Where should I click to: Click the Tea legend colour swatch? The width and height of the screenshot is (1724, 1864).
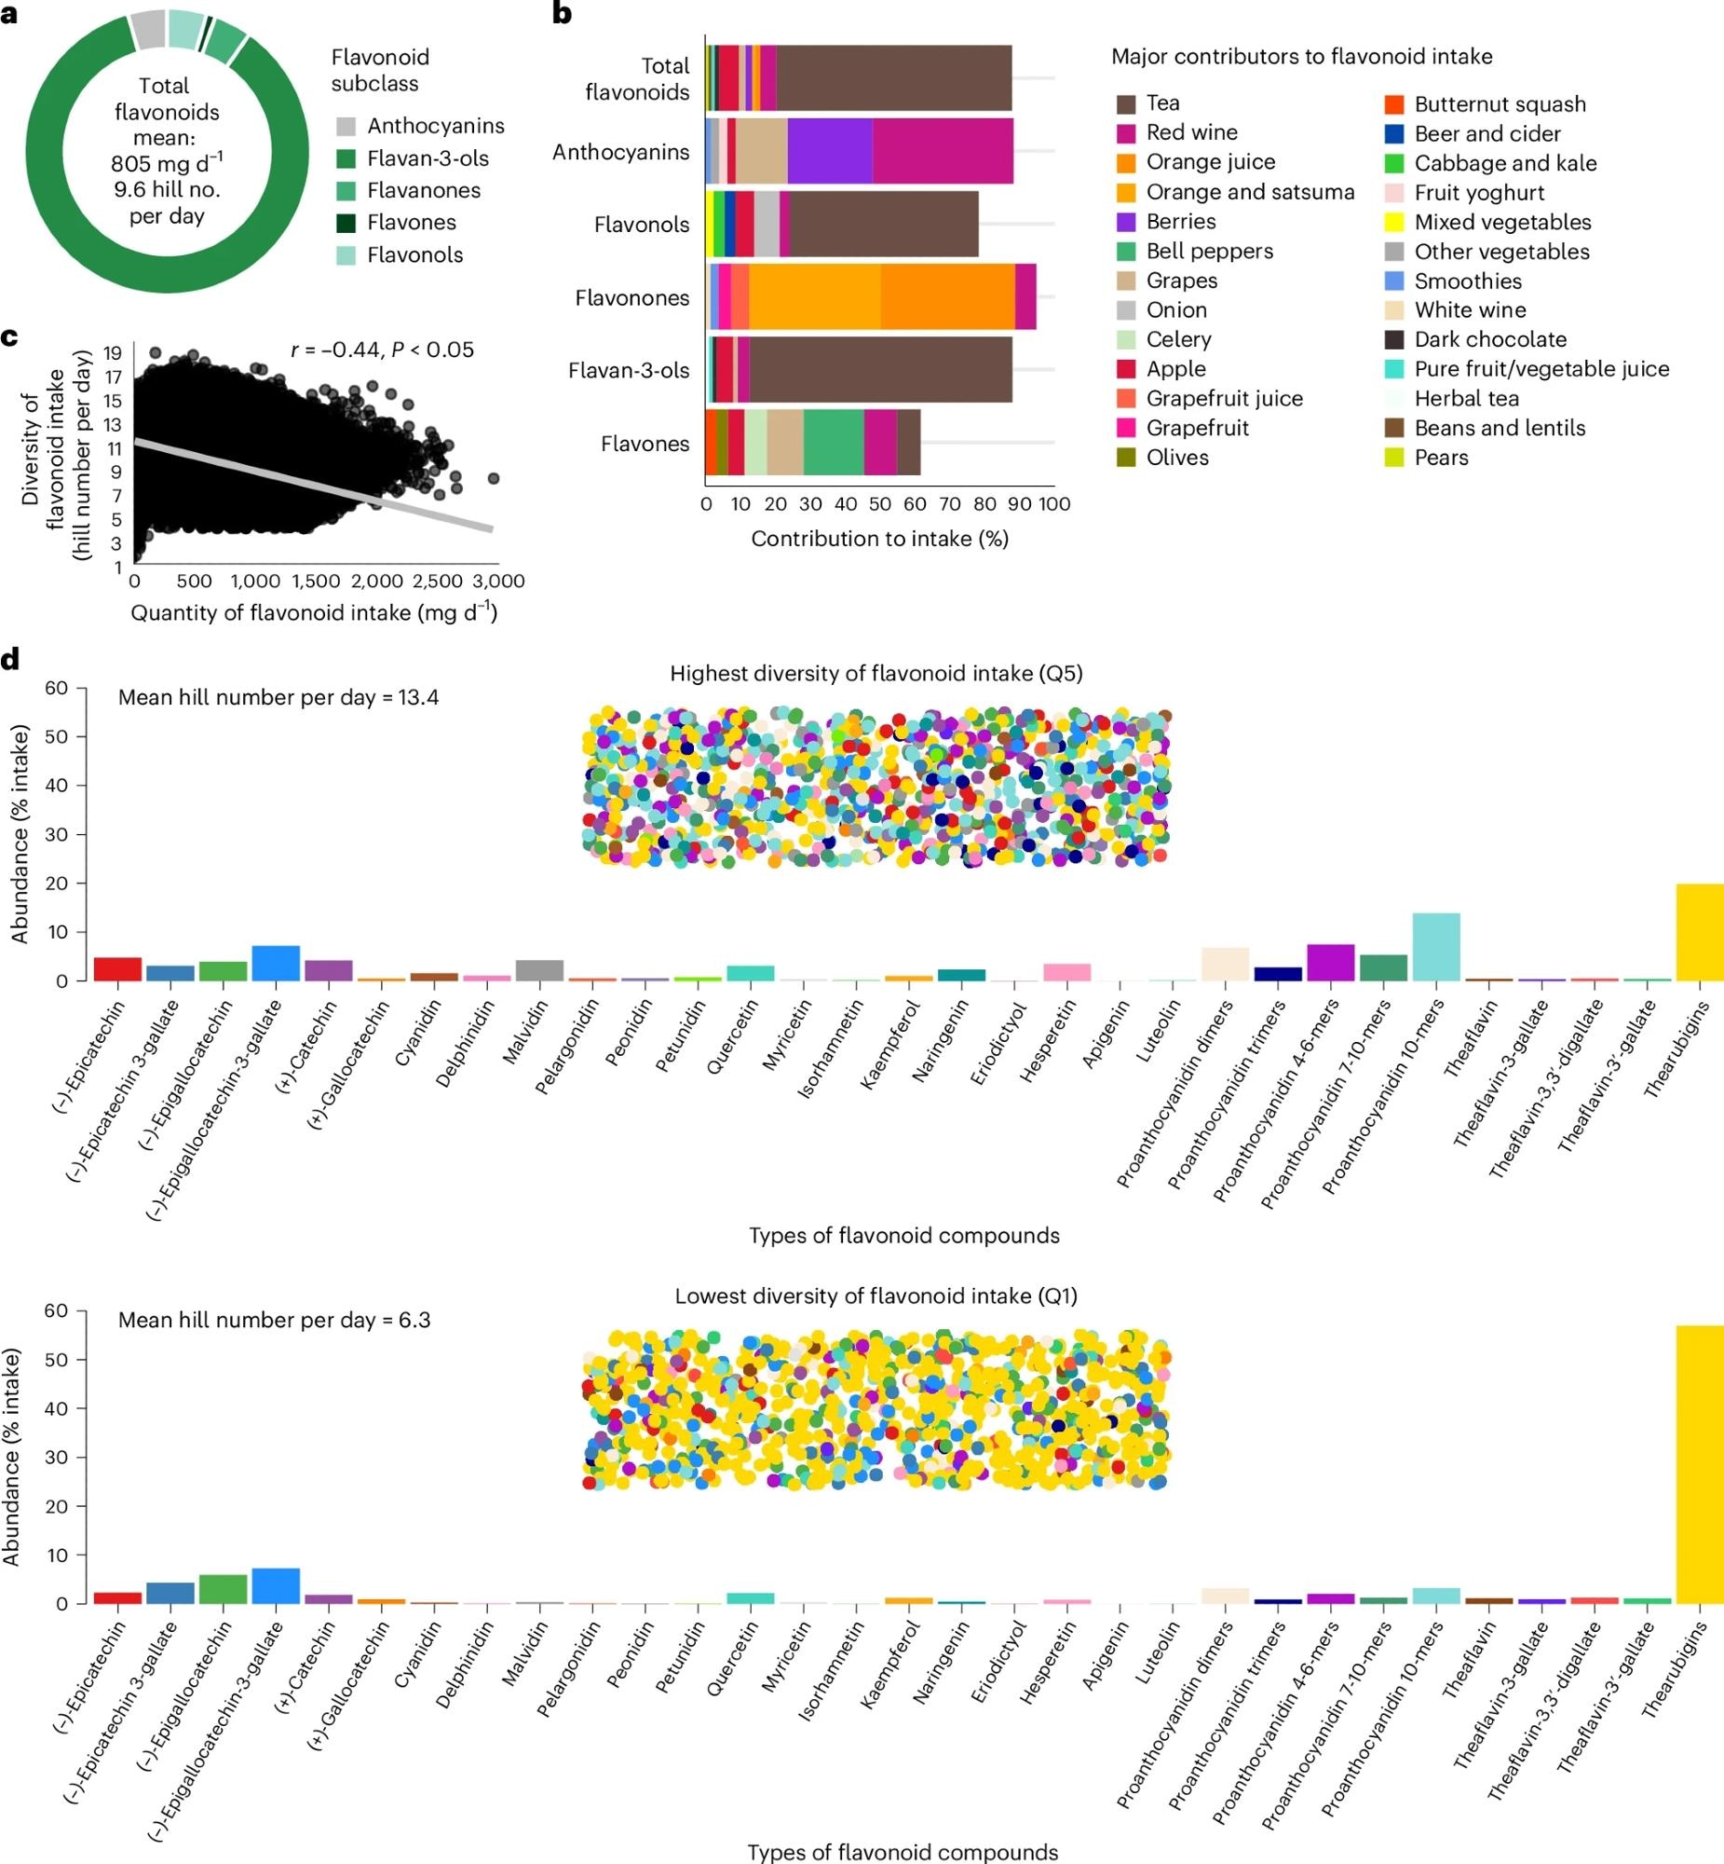(x=1126, y=103)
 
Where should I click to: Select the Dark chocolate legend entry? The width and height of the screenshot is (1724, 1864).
(x=1490, y=340)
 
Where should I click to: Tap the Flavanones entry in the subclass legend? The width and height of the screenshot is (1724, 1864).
(x=424, y=190)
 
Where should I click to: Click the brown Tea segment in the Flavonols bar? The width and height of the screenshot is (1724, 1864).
(x=884, y=224)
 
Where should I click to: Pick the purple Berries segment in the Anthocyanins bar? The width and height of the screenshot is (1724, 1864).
(x=829, y=151)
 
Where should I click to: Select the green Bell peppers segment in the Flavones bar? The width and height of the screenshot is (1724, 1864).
(x=833, y=444)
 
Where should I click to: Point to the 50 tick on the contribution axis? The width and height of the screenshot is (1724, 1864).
(x=880, y=504)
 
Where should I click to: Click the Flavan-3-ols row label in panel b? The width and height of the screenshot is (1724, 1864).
(x=629, y=371)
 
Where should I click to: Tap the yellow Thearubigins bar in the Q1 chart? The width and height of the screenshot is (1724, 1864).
(x=1699, y=1464)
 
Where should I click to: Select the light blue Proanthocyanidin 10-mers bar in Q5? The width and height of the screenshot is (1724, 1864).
(x=1435, y=947)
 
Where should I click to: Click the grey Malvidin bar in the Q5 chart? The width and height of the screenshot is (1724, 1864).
(x=539, y=970)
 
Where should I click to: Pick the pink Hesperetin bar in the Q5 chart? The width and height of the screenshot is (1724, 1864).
(x=1066, y=972)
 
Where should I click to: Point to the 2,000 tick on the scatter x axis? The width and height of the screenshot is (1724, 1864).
(x=377, y=581)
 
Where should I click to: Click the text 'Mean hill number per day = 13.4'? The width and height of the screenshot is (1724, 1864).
(x=278, y=697)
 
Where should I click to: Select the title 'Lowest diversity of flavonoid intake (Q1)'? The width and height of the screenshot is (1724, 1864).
(x=876, y=1295)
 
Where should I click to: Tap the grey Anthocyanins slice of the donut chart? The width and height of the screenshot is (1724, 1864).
(x=148, y=30)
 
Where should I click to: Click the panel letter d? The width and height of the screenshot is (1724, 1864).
(x=10, y=659)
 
